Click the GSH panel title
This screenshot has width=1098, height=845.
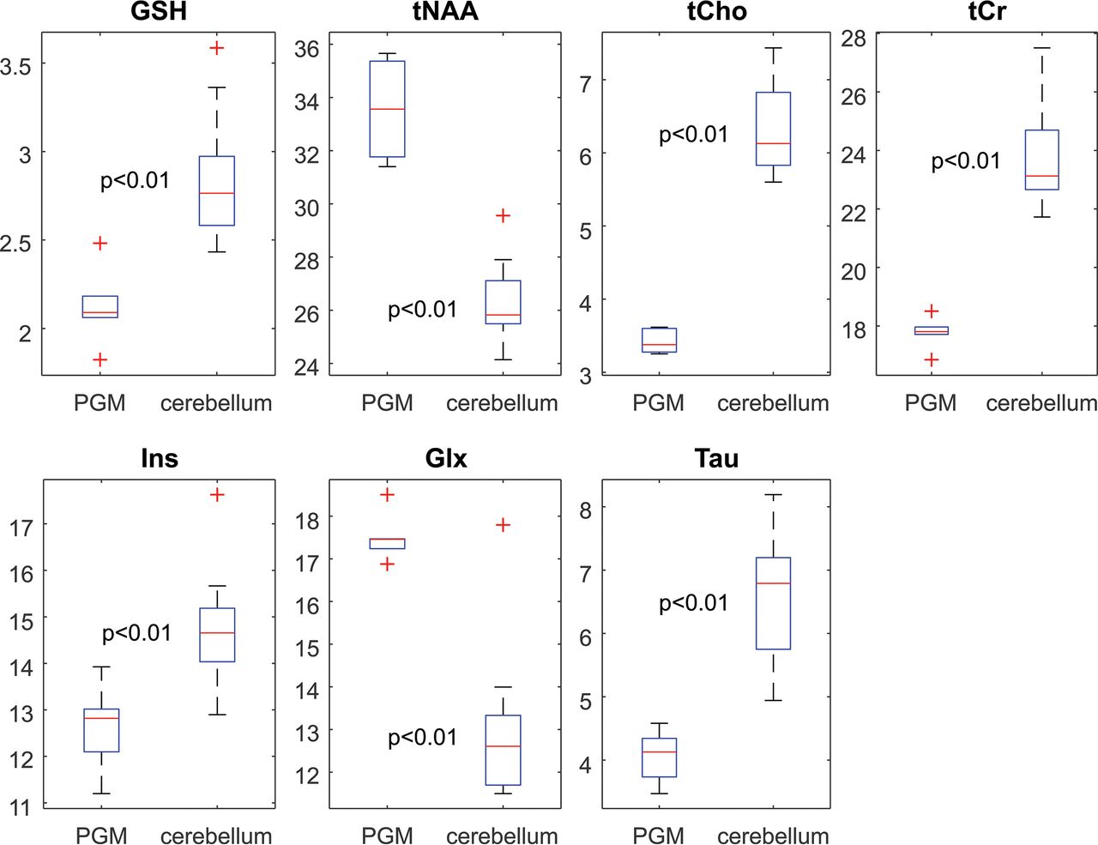(160, 11)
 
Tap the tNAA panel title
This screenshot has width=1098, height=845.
(446, 11)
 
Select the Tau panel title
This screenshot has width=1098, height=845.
(716, 459)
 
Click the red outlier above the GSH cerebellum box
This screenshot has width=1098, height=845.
(217, 48)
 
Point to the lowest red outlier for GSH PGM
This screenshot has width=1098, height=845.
(100, 359)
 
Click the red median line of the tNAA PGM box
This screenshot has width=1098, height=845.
(387, 109)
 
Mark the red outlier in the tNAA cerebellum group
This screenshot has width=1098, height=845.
(504, 215)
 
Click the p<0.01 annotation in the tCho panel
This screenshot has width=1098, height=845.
(693, 135)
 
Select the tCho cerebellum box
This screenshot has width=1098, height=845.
(773, 129)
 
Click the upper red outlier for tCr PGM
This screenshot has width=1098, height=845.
(932, 311)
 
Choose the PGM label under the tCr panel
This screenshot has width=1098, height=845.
(931, 403)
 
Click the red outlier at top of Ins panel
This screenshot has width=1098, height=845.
(217, 495)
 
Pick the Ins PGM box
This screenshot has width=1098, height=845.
(101, 730)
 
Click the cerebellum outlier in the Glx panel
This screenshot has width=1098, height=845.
(504, 525)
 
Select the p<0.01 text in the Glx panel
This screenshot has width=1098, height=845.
(422, 738)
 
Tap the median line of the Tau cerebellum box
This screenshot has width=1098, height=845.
(773, 583)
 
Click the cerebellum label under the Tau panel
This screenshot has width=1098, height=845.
(773, 836)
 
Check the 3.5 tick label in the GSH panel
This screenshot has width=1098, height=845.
(16, 66)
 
